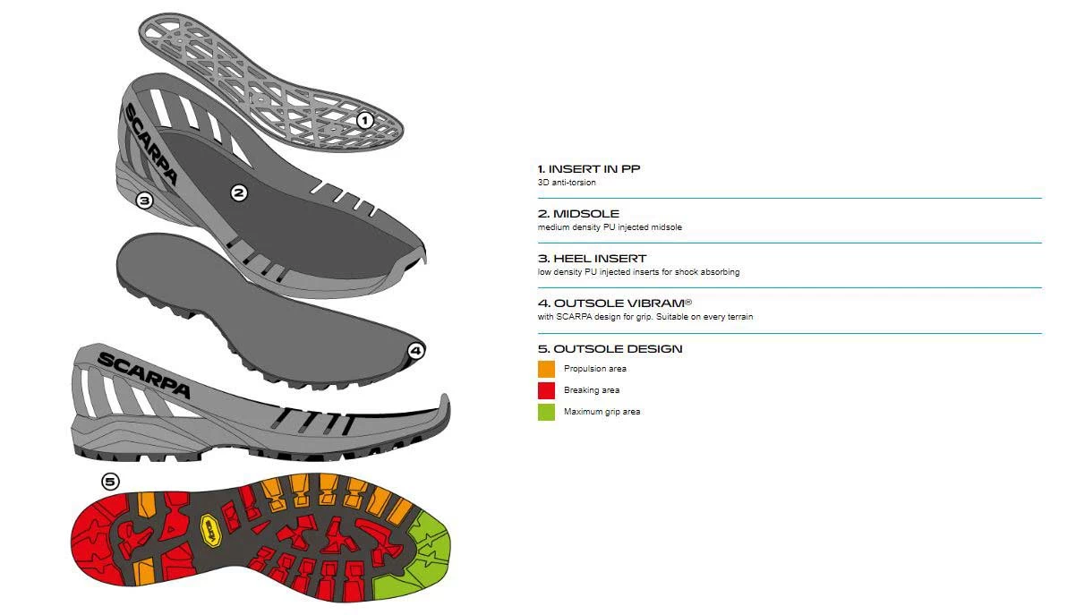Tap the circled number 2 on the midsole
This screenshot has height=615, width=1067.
click(238, 192)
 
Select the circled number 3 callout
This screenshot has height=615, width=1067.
click(145, 201)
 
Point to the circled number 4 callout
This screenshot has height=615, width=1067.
click(415, 351)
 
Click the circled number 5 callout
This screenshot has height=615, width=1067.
click(110, 482)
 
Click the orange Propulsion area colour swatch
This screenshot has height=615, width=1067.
click(546, 369)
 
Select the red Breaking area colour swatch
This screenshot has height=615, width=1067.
click(546, 390)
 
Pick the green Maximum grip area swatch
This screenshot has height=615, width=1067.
click(546, 412)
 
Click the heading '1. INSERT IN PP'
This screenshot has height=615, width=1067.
click(589, 168)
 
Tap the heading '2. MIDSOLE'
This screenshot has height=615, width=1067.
click(578, 214)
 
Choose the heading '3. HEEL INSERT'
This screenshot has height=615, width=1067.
click(592, 259)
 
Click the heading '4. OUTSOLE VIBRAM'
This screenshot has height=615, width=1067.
click(614, 303)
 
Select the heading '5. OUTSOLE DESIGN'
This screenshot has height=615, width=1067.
click(610, 348)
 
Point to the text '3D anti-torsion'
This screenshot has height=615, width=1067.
click(567, 183)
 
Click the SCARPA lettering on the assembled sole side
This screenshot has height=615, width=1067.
click(143, 374)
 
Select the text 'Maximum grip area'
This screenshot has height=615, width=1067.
click(602, 412)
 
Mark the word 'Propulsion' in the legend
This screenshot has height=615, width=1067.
click(583, 369)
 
